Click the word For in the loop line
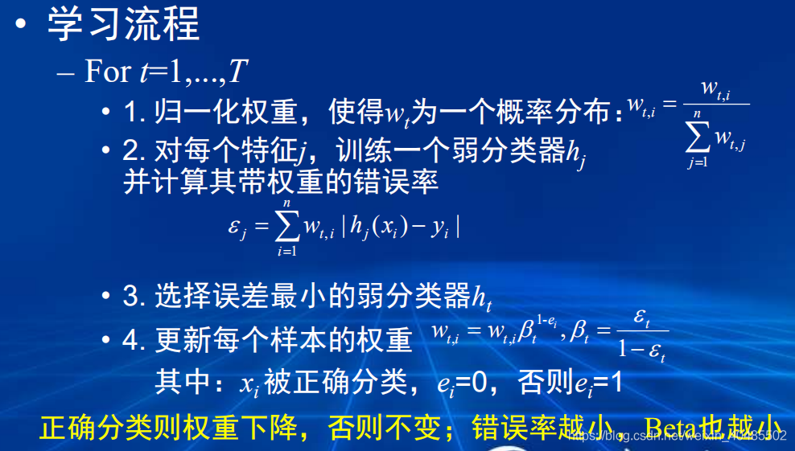pos(107,72)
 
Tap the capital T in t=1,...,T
pos(238,73)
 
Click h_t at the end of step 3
pos(481,299)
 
